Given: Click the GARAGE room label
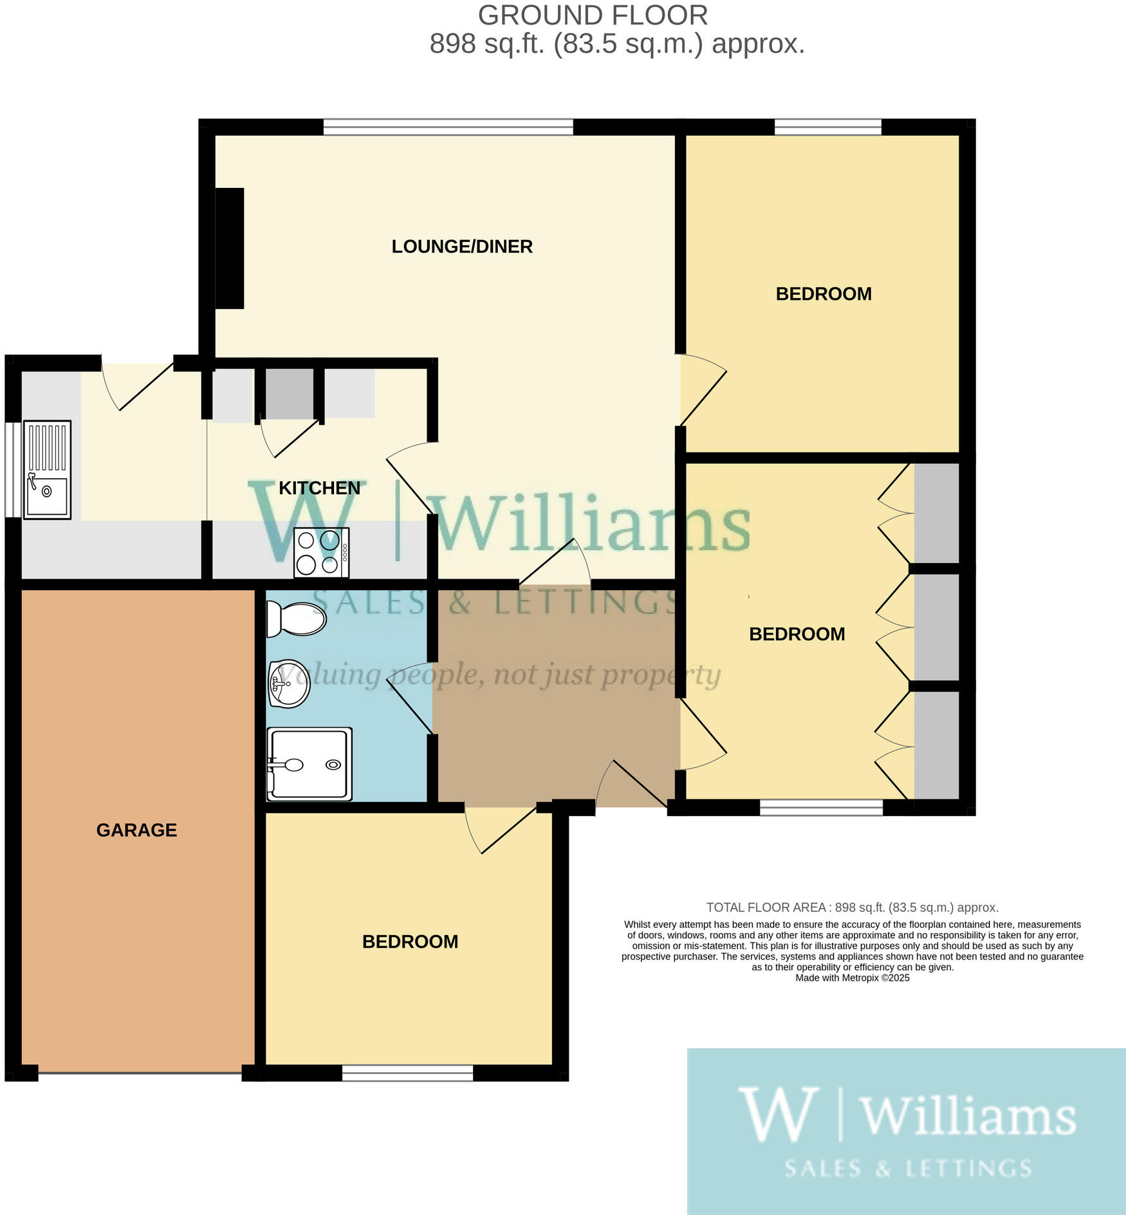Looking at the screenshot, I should pos(136,830).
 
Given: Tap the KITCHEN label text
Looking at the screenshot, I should pos(319,488).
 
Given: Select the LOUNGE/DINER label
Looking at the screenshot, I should pos(462,246).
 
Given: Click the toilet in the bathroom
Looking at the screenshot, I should pos(295,619).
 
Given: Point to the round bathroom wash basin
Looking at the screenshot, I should pos(290,683).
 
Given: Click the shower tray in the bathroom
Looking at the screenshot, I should pos(309,764).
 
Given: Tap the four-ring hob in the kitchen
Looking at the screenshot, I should pos(321,552).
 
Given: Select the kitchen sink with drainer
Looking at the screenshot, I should pos(47,469).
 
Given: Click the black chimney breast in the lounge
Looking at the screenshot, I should pos(229,248).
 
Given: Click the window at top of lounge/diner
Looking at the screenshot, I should pos(448,127).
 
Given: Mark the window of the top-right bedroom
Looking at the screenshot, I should pos(827,127).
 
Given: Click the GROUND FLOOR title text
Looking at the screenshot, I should pos(593,15).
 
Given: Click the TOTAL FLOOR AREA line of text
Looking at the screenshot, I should pos(852,907).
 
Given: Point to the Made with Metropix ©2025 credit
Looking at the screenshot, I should pos(852,978).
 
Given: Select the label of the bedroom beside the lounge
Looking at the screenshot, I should pos(824,294).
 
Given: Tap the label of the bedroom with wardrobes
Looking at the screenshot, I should pos(797,634).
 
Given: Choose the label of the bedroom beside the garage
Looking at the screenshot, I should pos(410,941).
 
